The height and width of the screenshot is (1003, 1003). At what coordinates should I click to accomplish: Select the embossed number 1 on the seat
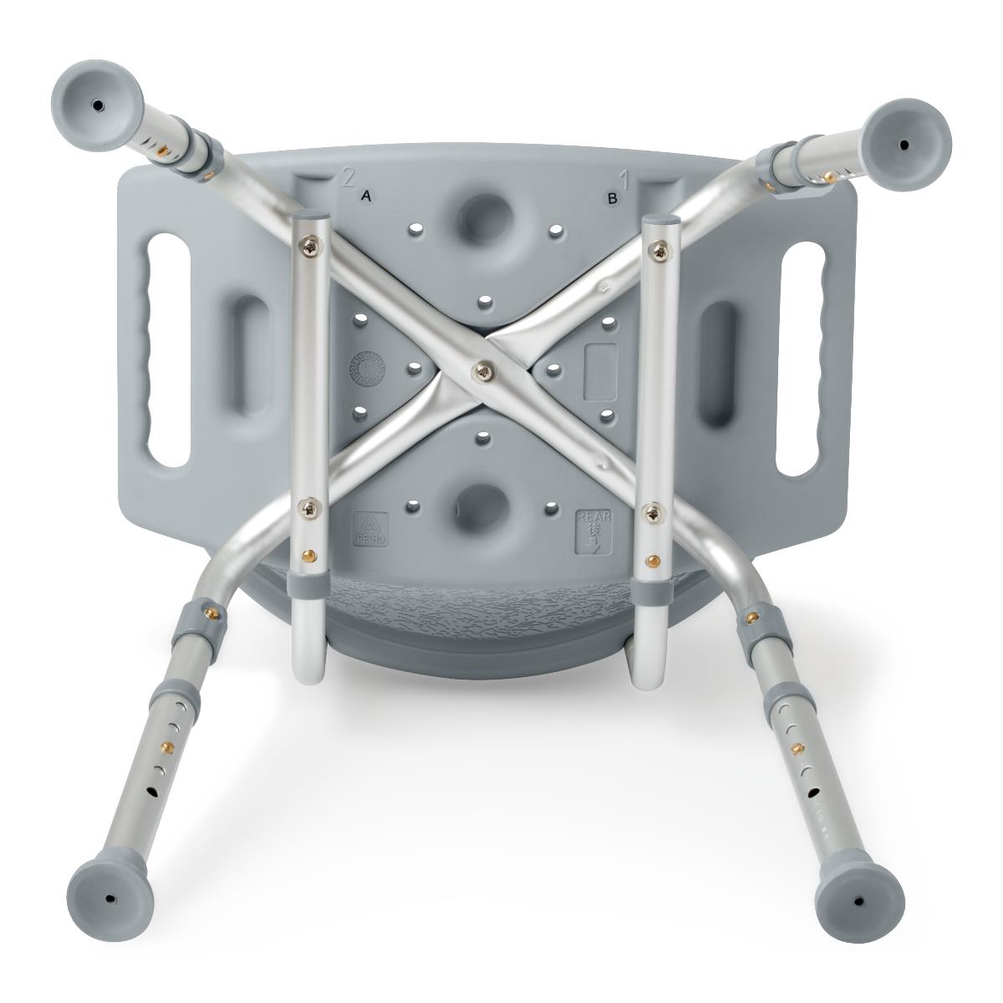[x=623, y=177]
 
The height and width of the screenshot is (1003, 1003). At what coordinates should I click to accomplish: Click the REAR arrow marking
[x=593, y=532]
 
